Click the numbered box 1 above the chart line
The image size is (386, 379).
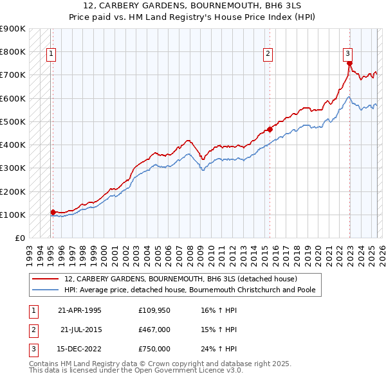pyautogui.click(x=51, y=54)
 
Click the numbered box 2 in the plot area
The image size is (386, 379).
pyautogui.click(x=267, y=54)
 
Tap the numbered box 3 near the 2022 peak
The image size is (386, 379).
pyautogui.click(x=347, y=54)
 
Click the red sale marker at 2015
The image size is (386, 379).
pyautogui.click(x=270, y=129)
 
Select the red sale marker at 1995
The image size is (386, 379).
pyautogui.click(x=53, y=211)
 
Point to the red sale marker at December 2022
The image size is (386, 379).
pyautogui.click(x=349, y=64)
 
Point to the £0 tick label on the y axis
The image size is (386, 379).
pyautogui.click(x=19, y=238)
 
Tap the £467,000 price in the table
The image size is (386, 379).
pyautogui.click(x=154, y=330)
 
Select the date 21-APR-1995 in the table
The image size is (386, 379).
pyautogui.click(x=80, y=310)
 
